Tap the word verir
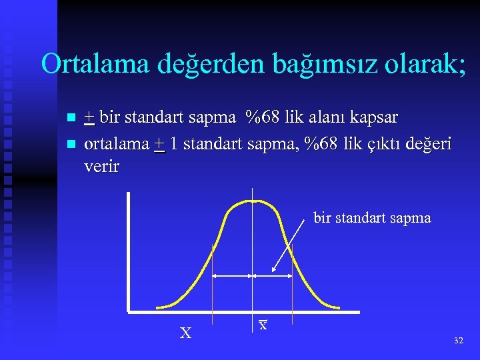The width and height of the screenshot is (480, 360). pyautogui.click(x=102, y=167)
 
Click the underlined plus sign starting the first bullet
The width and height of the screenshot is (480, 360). pyautogui.click(x=89, y=119)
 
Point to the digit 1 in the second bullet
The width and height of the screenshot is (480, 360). pyautogui.click(x=173, y=144)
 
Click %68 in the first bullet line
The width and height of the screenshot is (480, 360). pyautogui.click(x=263, y=118)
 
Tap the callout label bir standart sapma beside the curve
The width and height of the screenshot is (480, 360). pyautogui.click(x=372, y=218)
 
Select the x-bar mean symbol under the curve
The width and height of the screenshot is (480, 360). pyautogui.click(x=263, y=325)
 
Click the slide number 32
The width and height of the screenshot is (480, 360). pyautogui.click(x=458, y=341)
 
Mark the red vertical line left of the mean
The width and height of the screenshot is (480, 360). pyautogui.click(x=212, y=280)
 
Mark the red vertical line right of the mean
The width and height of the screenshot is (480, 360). pyautogui.click(x=293, y=280)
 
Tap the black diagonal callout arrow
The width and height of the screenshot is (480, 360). pyautogui.click(x=291, y=247)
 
